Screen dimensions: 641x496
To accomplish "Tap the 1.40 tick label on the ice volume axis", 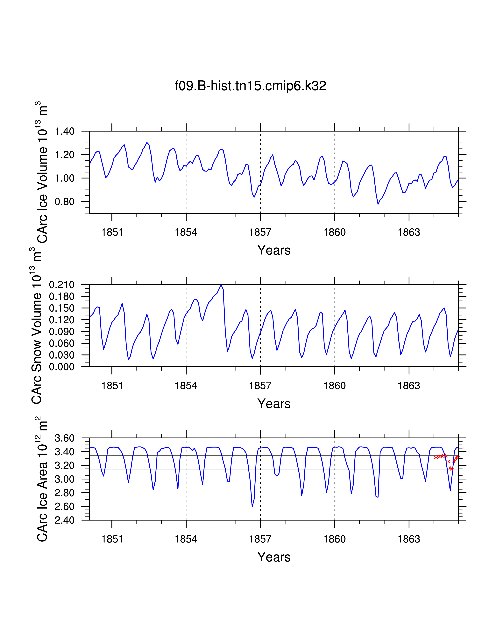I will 65,131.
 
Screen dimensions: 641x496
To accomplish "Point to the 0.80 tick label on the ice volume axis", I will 65,202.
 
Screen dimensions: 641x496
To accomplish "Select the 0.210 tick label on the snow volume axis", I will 62,285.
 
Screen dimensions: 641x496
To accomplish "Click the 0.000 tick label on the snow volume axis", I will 62,367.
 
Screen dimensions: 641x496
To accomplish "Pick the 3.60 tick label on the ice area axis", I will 65,438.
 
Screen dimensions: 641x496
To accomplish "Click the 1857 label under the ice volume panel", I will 260,233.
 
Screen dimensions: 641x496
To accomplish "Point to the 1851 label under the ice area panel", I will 112,539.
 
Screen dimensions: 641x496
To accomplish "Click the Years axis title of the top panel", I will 274,250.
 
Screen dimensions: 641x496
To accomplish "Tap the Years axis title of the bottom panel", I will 274,557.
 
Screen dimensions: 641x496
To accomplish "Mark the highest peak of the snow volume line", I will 221,285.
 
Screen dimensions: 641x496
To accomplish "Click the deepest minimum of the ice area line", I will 252,507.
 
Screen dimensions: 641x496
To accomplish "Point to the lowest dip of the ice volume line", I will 378,204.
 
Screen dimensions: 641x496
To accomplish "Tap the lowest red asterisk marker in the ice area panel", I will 452,469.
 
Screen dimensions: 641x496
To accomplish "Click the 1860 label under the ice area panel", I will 334,539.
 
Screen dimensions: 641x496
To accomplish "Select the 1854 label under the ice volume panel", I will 186,233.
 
